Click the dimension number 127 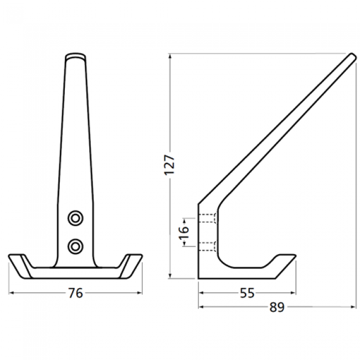pyautogui.click(x=171, y=165)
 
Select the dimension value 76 pyautogui.click(x=75, y=293)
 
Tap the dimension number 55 pyautogui.click(x=248, y=293)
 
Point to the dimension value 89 pyautogui.click(x=275, y=307)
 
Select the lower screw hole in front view pyautogui.click(x=74, y=244)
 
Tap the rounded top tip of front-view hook pyautogui.click(x=75, y=56)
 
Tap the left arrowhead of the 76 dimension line pyautogui.click(x=12, y=292)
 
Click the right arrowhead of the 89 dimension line pyautogui.click(x=352, y=307)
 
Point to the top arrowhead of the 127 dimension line pyautogui.click(x=171, y=56)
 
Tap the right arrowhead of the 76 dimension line pyautogui.click(x=139, y=292)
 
